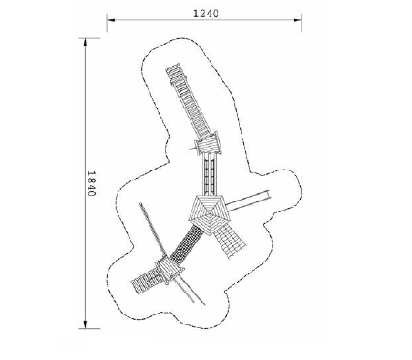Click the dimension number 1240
[206, 14]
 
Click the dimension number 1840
[91, 183]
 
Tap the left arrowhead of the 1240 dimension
[110, 20]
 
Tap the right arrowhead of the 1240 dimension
[297, 20]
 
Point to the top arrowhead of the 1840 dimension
[85, 43]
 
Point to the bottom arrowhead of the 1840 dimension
[85, 324]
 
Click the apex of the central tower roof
[209, 214]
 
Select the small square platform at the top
[209, 144]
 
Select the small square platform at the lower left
[169, 270]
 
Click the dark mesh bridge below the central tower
[187, 243]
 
